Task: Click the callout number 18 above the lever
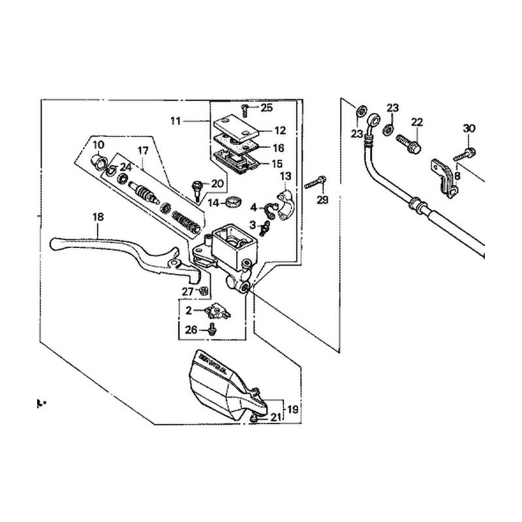[x=98, y=217]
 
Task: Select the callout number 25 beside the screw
[x=267, y=107]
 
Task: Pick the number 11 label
[x=175, y=121]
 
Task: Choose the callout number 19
[x=292, y=410]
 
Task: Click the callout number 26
[x=191, y=330]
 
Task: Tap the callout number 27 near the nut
[x=188, y=291]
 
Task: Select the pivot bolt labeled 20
[x=196, y=189]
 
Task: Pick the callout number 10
[x=99, y=144]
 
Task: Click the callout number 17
[x=143, y=150]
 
